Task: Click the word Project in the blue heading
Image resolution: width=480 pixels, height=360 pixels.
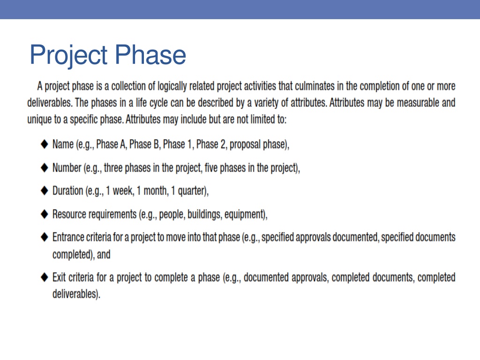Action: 68,55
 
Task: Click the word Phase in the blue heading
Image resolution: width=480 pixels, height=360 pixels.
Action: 150,54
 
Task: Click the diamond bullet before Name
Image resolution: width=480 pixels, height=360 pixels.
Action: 45,144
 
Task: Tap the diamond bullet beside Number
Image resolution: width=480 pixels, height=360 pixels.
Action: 45,167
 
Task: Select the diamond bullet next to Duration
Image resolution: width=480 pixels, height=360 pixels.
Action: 45,190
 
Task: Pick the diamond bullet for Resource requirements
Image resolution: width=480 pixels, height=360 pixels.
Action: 45,214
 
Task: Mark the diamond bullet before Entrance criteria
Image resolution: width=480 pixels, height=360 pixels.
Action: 45,237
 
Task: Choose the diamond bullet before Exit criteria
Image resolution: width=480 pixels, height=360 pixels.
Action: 45,277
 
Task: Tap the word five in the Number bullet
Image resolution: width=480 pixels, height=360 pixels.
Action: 211,168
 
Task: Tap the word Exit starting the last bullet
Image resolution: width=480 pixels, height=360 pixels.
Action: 59,277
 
